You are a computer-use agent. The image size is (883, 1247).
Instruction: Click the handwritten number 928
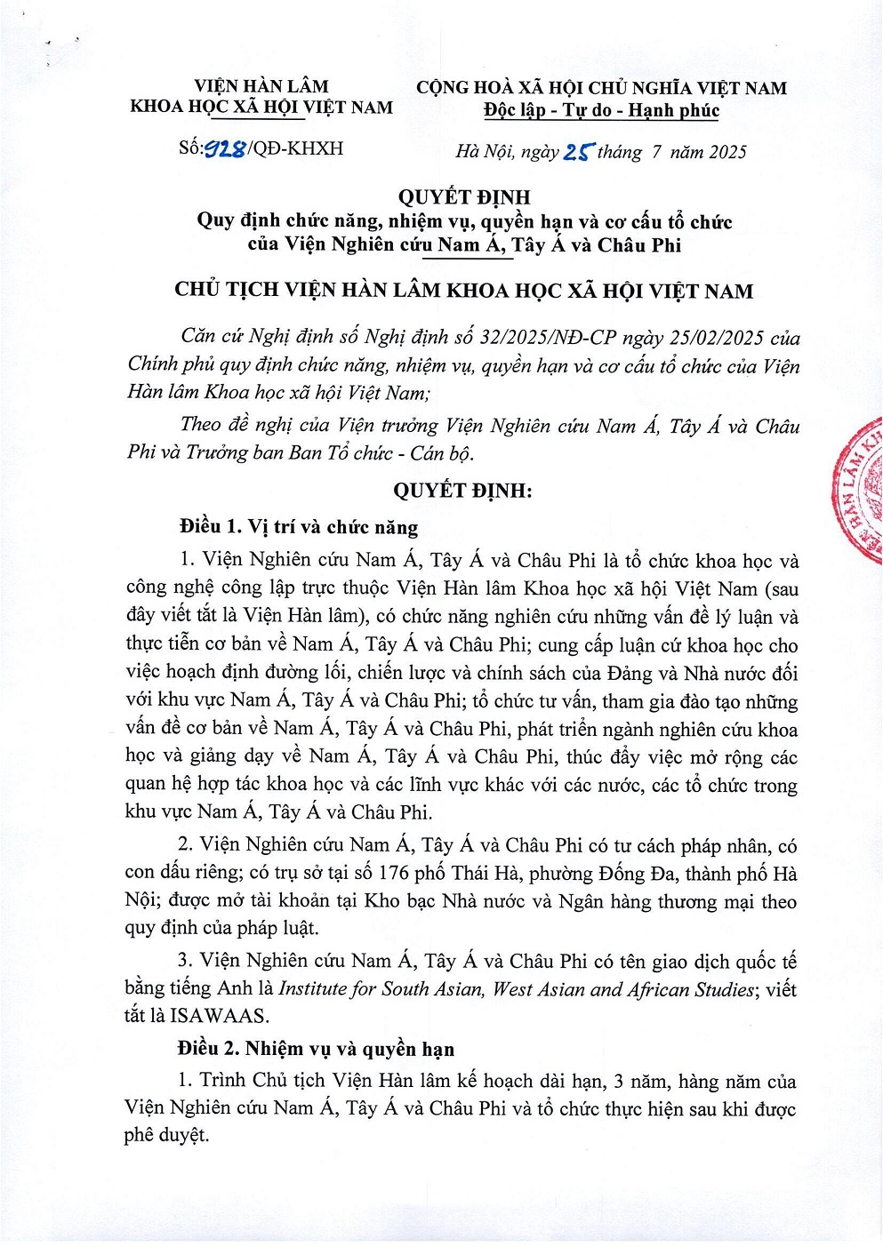[x=226, y=149]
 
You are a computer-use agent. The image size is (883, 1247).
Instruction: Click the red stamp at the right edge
[x=858, y=493]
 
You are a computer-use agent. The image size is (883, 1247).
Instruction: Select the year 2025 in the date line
[x=727, y=152]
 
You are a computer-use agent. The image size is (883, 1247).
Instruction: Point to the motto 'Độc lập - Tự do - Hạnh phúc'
[x=601, y=111]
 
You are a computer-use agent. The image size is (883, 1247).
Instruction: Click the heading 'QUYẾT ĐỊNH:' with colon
[x=462, y=490]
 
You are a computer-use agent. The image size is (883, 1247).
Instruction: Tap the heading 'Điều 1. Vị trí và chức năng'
[x=299, y=526]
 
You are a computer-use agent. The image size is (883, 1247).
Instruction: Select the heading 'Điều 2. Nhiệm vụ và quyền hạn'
[x=316, y=1049]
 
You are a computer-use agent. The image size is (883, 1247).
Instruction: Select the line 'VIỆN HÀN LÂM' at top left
[x=261, y=86]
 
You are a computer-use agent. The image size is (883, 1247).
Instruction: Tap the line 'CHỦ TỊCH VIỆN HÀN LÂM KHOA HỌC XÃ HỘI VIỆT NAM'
[x=463, y=291]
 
